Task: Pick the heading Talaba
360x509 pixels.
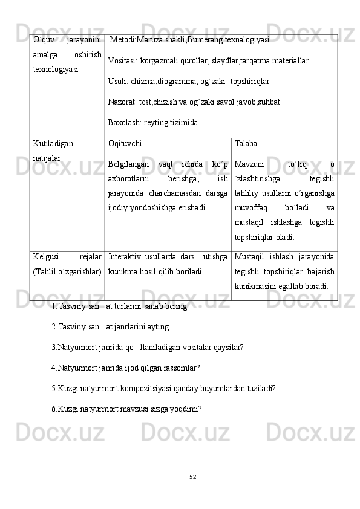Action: [246, 144]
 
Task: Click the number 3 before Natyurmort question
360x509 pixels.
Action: [54, 348]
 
